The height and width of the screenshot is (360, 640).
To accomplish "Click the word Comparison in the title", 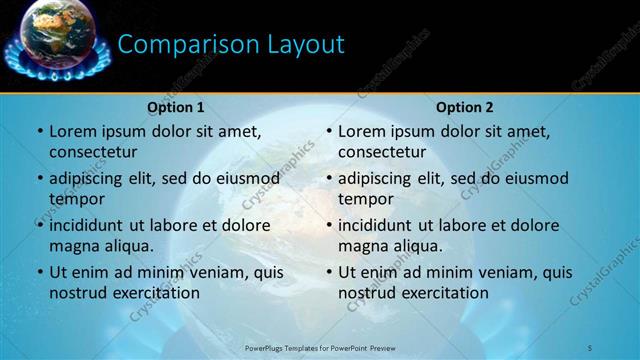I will coord(186,44).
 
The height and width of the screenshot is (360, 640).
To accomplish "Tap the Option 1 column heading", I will coord(176,107).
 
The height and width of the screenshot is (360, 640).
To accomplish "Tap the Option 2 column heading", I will coord(465,107).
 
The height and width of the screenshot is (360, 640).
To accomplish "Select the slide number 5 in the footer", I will coord(590,347).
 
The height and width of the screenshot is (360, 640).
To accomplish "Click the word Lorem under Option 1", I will coord(73,131).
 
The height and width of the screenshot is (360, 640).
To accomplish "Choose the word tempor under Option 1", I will coord(75,198).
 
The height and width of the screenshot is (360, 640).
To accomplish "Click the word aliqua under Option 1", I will coord(129,246).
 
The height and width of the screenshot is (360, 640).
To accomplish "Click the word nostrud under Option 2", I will coord(367,293).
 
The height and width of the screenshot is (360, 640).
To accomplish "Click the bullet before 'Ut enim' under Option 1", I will coord(39,272).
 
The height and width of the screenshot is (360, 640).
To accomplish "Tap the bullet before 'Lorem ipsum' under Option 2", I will coord(328,131).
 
